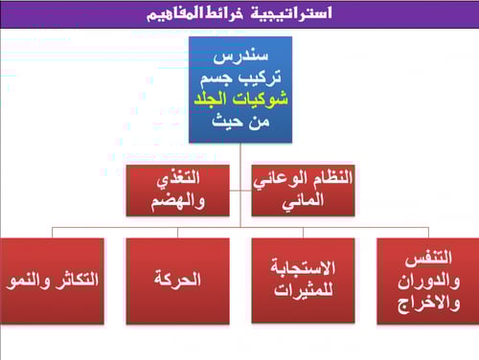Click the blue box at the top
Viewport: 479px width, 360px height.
click(x=239, y=90)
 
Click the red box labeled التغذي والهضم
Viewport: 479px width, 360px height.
click(x=178, y=190)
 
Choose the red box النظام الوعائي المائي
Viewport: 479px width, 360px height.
click(x=304, y=190)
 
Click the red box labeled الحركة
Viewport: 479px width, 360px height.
click(x=177, y=281)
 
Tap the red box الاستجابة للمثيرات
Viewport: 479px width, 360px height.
click(x=303, y=281)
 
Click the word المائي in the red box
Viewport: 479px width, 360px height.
click(x=304, y=200)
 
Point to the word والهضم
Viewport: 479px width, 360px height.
click(x=178, y=201)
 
